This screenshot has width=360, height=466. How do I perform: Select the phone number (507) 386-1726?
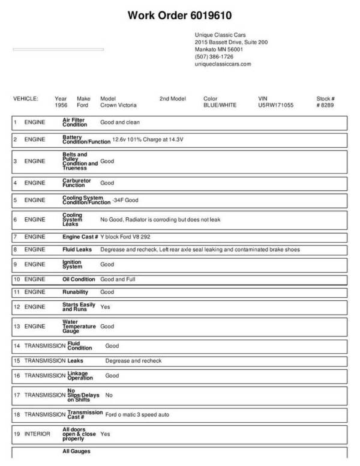[x=214, y=56]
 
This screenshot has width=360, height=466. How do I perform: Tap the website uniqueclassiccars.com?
[x=223, y=64]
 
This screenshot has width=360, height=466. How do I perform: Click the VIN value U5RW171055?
[x=276, y=104]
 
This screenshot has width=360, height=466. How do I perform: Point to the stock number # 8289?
[x=325, y=104]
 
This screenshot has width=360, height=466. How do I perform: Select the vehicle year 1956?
[x=61, y=104]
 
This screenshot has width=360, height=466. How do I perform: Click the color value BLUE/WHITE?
[x=220, y=104]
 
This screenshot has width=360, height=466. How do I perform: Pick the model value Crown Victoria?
[x=118, y=104]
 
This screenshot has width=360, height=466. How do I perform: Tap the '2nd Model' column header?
[x=173, y=98]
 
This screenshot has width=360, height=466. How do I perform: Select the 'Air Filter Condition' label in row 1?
[x=75, y=122]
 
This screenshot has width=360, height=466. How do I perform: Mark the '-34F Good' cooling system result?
[x=127, y=200]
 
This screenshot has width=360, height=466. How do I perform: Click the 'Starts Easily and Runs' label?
[x=79, y=307]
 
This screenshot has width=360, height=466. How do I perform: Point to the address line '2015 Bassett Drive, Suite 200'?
[x=231, y=43]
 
